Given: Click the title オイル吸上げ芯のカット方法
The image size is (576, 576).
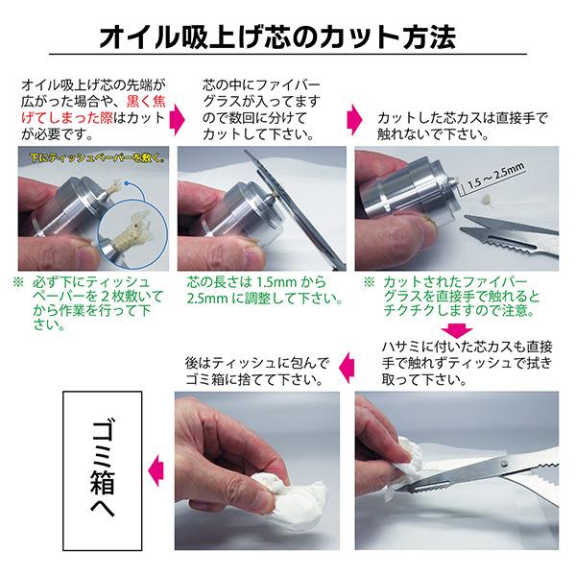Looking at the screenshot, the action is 277,37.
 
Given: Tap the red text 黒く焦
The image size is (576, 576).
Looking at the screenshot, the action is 146,102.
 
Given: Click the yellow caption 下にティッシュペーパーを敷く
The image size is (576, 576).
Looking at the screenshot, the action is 97,158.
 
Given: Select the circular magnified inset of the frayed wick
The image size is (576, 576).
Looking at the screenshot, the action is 132,231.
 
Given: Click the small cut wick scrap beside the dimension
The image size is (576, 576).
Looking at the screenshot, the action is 487,199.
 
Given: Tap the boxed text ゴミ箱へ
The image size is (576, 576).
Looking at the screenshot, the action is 103,470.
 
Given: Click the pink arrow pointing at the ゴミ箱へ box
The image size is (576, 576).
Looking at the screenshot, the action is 156,470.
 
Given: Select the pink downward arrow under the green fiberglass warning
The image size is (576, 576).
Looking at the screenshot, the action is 457,330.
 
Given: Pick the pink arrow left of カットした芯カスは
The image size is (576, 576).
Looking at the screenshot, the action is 354,119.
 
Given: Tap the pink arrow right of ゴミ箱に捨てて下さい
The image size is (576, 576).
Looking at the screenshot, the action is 347,368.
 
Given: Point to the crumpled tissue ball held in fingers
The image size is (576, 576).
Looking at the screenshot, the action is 290,492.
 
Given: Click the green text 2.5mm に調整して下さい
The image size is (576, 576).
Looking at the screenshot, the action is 265,298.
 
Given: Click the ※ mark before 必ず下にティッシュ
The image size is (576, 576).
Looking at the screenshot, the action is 18,282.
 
